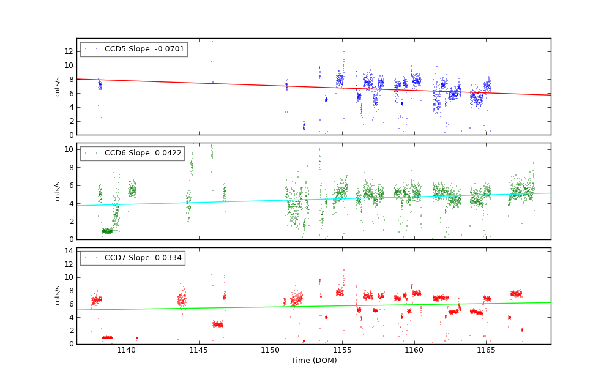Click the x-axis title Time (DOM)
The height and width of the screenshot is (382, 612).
pos(313,361)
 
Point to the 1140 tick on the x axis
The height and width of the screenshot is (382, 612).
pos(127,350)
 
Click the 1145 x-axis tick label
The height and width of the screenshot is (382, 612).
pos(198,350)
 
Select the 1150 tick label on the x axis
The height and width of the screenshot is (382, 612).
pos(271,350)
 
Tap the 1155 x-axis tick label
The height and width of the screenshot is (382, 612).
pos(342,350)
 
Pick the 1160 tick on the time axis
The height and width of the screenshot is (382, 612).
pos(414,350)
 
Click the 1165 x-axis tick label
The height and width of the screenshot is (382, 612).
pos(486,350)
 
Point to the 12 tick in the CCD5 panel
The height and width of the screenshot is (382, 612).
pos(69,51)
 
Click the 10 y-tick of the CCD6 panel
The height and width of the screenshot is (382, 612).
pos(69,149)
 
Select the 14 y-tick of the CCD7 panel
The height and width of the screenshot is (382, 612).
pos(69,251)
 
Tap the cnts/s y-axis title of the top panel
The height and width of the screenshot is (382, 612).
pos(58,86)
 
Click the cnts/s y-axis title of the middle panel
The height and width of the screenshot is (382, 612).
pos(58,191)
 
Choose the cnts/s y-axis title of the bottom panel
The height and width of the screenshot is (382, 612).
pos(58,296)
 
